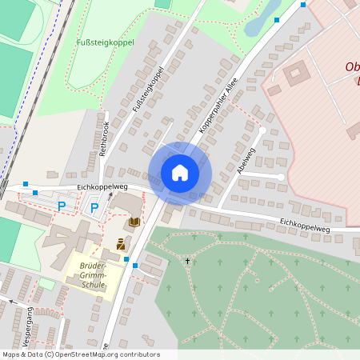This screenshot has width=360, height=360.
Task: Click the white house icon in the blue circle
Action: (x=180, y=173)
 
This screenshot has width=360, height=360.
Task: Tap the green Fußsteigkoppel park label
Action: (x=105, y=42)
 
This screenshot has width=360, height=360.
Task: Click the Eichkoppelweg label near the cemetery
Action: (x=304, y=226)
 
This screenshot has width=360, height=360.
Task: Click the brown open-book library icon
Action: (x=134, y=222)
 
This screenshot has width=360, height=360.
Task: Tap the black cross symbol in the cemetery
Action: (x=188, y=261)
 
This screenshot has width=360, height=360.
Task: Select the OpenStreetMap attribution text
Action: (x=80, y=354)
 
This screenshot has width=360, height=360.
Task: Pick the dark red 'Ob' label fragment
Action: (x=351, y=67)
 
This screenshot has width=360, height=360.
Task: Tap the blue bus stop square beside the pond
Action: (x=277, y=19)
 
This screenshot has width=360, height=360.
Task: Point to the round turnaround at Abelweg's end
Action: (x=281, y=177)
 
